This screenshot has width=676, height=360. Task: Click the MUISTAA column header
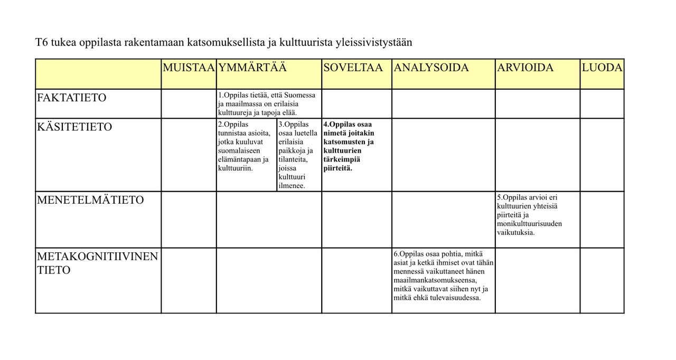pyautogui.click(x=189, y=68)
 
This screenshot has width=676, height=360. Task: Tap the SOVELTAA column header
pyautogui.click(x=353, y=68)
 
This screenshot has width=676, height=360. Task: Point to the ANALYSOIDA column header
pyautogui.click(x=431, y=68)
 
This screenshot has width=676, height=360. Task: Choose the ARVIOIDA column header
pyautogui.click(x=525, y=68)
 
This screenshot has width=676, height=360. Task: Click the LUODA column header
pyautogui.click(x=602, y=68)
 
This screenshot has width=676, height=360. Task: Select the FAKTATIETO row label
pyautogui.click(x=72, y=98)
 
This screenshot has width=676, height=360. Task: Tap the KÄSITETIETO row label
pyautogui.click(x=74, y=127)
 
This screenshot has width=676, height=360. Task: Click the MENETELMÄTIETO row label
pyautogui.click(x=90, y=200)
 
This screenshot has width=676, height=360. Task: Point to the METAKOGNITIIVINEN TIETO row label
pyautogui.click(x=97, y=263)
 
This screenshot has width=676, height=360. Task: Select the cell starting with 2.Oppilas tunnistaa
pyautogui.click(x=244, y=146)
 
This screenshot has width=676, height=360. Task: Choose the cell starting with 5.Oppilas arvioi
pyautogui.click(x=530, y=214)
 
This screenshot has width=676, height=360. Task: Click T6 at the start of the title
pyautogui.click(x=42, y=42)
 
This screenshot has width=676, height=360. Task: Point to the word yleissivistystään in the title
pyautogui.click(x=373, y=42)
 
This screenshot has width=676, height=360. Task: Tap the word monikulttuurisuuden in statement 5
pyautogui.click(x=529, y=224)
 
